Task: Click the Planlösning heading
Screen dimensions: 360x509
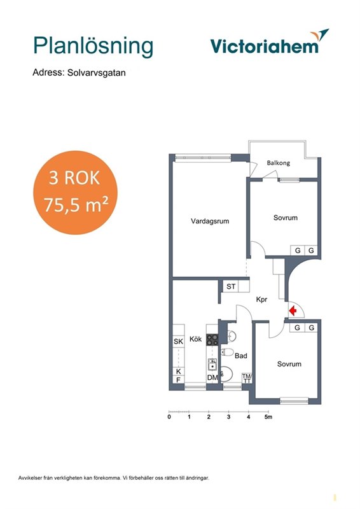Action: pyautogui.click(x=93, y=46)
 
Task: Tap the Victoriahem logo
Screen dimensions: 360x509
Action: pyautogui.click(x=270, y=42)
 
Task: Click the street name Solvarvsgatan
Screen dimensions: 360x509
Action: pyautogui.click(x=97, y=73)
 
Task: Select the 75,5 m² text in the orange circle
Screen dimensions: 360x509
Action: pyautogui.click(x=76, y=204)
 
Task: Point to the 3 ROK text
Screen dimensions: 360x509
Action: pyautogui.click(x=74, y=178)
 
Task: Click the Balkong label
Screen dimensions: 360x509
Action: pyautogui.click(x=278, y=163)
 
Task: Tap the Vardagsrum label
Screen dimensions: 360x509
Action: pyautogui.click(x=210, y=221)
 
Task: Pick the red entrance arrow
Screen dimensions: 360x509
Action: pyautogui.click(x=293, y=310)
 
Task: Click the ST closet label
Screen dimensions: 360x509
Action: pyautogui.click(x=231, y=286)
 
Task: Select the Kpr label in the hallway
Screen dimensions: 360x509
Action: pyautogui.click(x=261, y=299)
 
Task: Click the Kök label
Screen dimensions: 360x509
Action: pyautogui.click(x=195, y=339)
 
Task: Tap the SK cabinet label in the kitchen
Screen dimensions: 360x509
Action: pyautogui.click(x=178, y=342)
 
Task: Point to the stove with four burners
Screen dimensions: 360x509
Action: pyautogui.click(x=212, y=340)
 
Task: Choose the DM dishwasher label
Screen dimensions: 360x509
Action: pyautogui.click(x=212, y=377)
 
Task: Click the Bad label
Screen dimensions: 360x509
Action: pyautogui.click(x=241, y=356)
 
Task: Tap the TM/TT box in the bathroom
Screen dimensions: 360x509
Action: pyautogui.click(x=247, y=379)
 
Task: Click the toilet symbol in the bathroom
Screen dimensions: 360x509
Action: pyautogui.click(x=228, y=352)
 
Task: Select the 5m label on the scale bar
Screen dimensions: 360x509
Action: pyautogui.click(x=268, y=417)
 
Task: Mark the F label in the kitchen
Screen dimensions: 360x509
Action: pyautogui.click(x=178, y=379)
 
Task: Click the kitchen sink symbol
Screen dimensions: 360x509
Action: pyautogui.click(x=212, y=365)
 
